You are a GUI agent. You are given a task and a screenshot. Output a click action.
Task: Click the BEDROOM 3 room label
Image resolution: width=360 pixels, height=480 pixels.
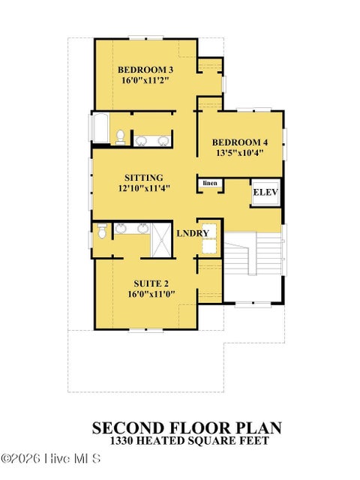click(x=145, y=70)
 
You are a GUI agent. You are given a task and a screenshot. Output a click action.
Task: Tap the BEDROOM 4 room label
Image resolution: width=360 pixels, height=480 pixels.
click(x=240, y=142)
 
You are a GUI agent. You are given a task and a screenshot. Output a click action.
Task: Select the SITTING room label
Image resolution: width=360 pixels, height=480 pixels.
click(x=143, y=178)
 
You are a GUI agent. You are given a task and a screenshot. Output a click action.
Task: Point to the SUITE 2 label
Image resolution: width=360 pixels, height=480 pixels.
click(x=151, y=283)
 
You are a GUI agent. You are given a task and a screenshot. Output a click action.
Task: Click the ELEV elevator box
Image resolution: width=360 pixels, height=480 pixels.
click(x=265, y=193)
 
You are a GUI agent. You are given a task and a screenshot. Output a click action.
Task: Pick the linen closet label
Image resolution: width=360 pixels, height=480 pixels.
click(x=210, y=183)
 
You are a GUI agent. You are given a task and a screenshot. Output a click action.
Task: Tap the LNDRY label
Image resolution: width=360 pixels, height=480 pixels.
click(x=193, y=233)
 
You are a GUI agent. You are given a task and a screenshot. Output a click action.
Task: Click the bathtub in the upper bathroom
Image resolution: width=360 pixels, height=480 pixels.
click(x=100, y=128)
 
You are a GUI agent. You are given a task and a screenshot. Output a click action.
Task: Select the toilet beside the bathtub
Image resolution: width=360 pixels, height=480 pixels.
click(x=120, y=137)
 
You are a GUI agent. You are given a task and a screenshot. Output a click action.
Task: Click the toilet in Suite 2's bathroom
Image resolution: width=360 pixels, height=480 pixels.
click(x=102, y=230)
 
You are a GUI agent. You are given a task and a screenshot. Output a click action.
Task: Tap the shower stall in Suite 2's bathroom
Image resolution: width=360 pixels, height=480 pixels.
click(x=161, y=240)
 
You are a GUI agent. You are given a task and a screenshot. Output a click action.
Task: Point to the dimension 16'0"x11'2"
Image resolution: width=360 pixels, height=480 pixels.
click(x=145, y=80)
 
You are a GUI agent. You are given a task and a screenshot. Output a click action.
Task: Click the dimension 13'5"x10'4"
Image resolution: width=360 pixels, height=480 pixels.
click(x=240, y=153)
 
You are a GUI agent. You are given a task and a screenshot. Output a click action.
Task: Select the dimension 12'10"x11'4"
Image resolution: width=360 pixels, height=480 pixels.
click(x=144, y=188)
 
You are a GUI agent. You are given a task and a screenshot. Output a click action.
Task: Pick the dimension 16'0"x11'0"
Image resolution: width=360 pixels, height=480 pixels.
click(x=151, y=294)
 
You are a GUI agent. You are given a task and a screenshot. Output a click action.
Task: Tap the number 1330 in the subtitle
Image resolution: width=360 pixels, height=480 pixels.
click(x=121, y=441)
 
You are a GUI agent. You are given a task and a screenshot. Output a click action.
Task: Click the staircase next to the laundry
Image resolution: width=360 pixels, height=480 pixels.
click(x=254, y=254)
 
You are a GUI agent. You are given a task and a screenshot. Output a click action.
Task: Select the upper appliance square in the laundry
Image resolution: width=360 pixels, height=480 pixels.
click(x=209, y=231)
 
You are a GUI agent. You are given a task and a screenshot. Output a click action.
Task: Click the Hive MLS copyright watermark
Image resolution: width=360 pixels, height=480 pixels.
click(x=51, y=458)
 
